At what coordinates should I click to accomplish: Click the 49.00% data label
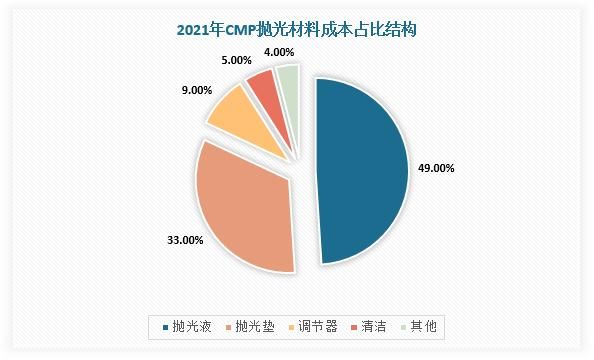pyautogui.click(x=435, y=169)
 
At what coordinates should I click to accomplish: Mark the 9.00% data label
pyautogui.click(x=196, y=90)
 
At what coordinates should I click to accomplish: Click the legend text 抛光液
pyautogui.click(x=190, y=326)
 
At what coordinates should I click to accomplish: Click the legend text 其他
pyautogui.click(x=427, y=326)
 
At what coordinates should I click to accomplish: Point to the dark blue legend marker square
pyautogui.click(x=164, y=327)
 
